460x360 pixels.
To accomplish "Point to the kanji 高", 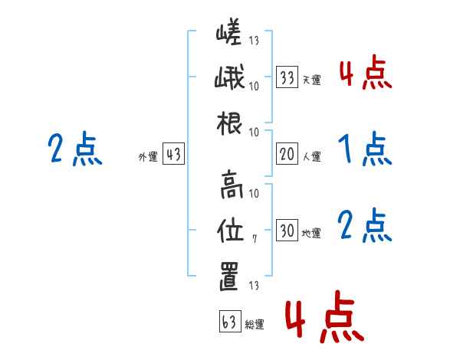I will (x=230, y=184).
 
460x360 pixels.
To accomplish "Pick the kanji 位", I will (x=230, y=228).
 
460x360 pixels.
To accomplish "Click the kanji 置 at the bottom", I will (x=230, y=276).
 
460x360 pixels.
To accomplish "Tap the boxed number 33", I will (x=287, y=77).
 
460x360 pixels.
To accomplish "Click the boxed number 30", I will (x=287, y=231).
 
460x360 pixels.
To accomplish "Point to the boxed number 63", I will (x=228, y=322).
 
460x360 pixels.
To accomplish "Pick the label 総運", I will (x=254, y=325).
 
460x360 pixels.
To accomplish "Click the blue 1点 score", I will (x=365, y=149).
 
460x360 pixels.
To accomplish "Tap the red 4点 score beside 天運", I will (x=365, y=74).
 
